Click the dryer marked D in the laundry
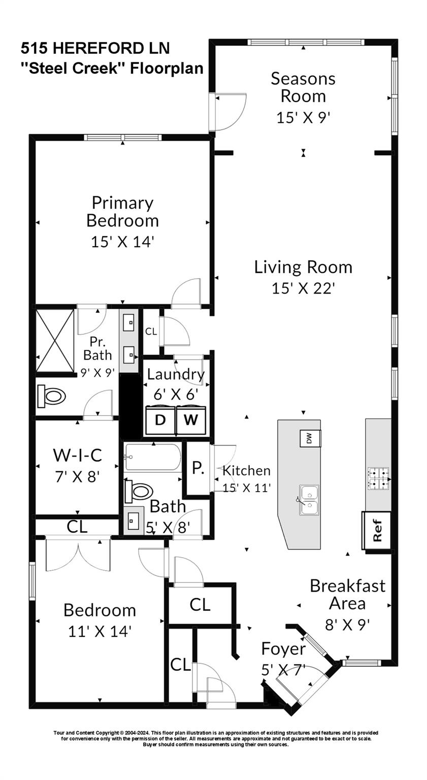tap(160, 420)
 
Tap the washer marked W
tap(191, 420)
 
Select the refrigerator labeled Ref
tap(376, 531)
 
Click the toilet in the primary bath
tap(52, 396)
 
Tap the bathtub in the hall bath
tap(152, 457)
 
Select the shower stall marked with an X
tap(55, 340)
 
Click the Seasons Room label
tap(303, 87)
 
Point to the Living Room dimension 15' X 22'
tap(303, 288)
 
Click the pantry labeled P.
tap(198, 468)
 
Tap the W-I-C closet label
tap(77, 455)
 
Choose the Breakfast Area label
tap(348, 595)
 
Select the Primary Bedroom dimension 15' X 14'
tap(122, 242)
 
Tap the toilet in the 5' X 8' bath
tap(139, 492)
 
